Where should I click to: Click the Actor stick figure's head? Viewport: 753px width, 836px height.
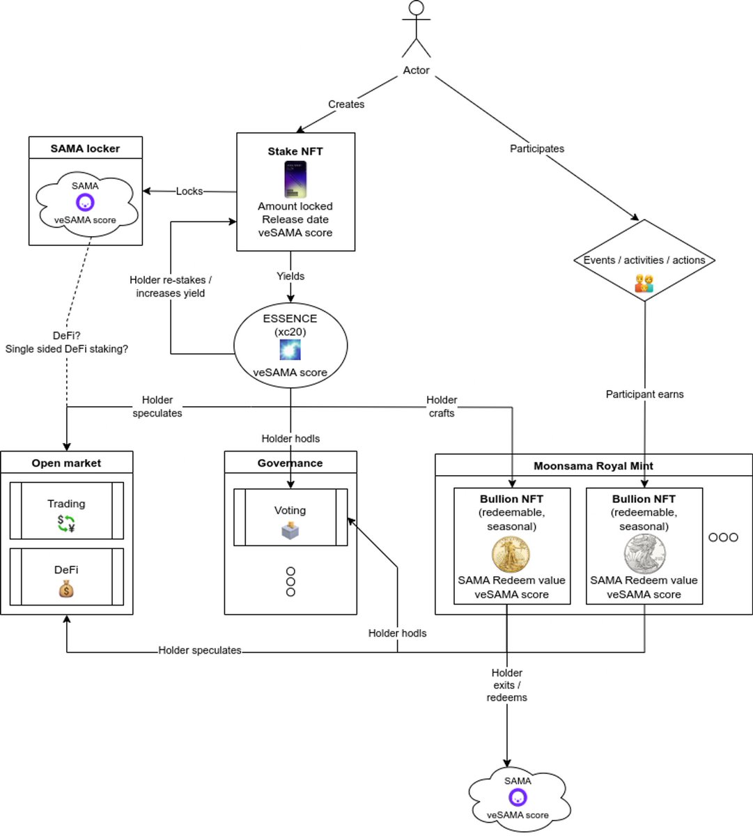click(x=416, y=9)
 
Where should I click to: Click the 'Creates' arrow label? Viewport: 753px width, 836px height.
click(x=346, y=104)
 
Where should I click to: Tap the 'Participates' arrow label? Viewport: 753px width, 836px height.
click(x=536, y=148)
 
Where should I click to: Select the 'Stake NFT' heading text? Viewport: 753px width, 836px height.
click(x=295, y=151)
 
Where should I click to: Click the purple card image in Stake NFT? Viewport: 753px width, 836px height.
click(x=295, y=179)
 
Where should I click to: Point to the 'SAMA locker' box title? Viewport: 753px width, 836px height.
click(x=85, y=148)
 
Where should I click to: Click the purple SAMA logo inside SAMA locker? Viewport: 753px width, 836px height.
click(x=85, y=203)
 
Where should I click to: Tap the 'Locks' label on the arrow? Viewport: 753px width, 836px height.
click(x=189, y=191)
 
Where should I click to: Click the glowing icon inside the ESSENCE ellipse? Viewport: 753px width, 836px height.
click(x=290, y=350)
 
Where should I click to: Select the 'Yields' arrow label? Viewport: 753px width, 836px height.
click(x=290, y=276)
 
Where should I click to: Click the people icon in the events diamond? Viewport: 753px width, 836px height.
click(x=644, y=283)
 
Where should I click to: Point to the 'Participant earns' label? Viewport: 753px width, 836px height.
click(x=644, y=394)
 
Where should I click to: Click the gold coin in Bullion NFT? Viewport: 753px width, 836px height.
click(x=511, y=554)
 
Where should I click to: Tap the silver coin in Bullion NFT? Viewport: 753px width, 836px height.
click(x=644, y=554)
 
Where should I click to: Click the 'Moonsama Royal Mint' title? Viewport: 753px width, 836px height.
click(x=593, y=466)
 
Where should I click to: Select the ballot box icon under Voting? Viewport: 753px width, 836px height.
click(x=290, y=532)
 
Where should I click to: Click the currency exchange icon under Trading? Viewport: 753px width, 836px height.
click(x=66, y=523)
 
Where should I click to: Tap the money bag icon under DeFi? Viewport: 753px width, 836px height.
click(x=66, y=589)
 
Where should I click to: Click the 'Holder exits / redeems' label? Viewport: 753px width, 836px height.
click(x=506, y=685)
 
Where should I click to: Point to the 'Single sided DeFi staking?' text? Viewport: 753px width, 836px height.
click(x=67, y=349)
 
